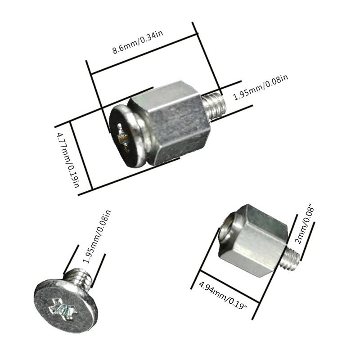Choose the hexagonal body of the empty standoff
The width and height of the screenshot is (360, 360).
click(x=256, y=241)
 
